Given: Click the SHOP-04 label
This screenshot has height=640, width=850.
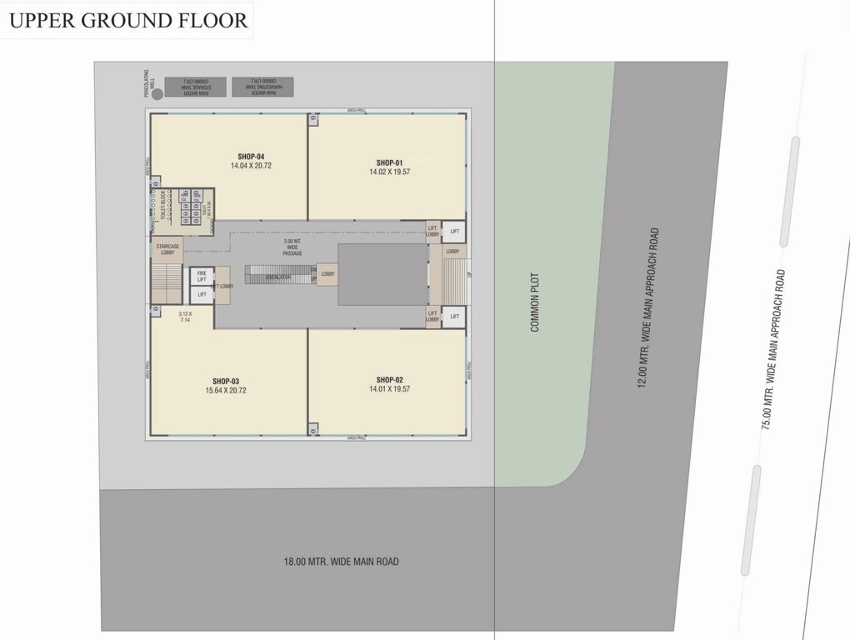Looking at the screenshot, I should coord(251,156).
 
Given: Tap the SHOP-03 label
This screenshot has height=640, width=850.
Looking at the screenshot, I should coord(226,380).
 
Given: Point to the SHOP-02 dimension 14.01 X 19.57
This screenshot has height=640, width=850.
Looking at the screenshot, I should coord(389,388).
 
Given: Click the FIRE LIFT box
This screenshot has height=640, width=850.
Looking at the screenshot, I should coord(201,276).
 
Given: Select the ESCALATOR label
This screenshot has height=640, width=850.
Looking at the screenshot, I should coord(277,277).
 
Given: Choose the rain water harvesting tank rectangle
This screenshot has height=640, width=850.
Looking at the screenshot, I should coord(263,86).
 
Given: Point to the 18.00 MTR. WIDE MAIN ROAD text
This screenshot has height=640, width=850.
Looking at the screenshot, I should coord(341,562).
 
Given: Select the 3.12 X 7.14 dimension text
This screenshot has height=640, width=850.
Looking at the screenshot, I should coord(184,316).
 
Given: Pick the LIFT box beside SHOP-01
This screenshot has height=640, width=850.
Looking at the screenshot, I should coord(454,231).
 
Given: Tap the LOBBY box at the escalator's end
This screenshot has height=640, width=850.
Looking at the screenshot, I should coord(327,273).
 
